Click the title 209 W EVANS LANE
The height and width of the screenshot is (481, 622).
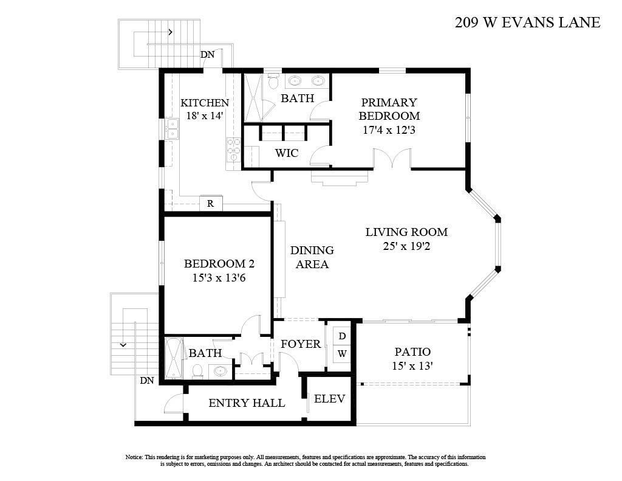[527, 22]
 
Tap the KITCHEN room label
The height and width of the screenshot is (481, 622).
[205, 103]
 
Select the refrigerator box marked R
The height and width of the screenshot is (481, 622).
[211, 204]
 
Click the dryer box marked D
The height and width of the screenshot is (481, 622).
[342, 336]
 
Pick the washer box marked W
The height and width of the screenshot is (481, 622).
[342, 353]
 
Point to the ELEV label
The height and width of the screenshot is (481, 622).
[330, 399]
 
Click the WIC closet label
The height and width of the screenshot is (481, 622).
[287, 153]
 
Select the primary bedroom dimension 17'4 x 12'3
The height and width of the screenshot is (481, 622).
[389, 130]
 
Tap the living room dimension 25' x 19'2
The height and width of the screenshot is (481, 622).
[406, 247]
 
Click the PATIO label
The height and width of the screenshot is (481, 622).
[412, 351]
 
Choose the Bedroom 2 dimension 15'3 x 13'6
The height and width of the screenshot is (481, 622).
[219, 278]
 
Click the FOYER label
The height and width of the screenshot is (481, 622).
[301, 344]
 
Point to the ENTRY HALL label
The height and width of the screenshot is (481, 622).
[247, 403]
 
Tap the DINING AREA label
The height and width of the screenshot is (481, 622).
[312, 257]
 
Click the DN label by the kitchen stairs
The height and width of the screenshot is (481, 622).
[208, 55]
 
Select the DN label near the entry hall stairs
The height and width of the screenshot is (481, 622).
[147, 381]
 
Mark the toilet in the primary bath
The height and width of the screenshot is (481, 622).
[273, 80]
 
